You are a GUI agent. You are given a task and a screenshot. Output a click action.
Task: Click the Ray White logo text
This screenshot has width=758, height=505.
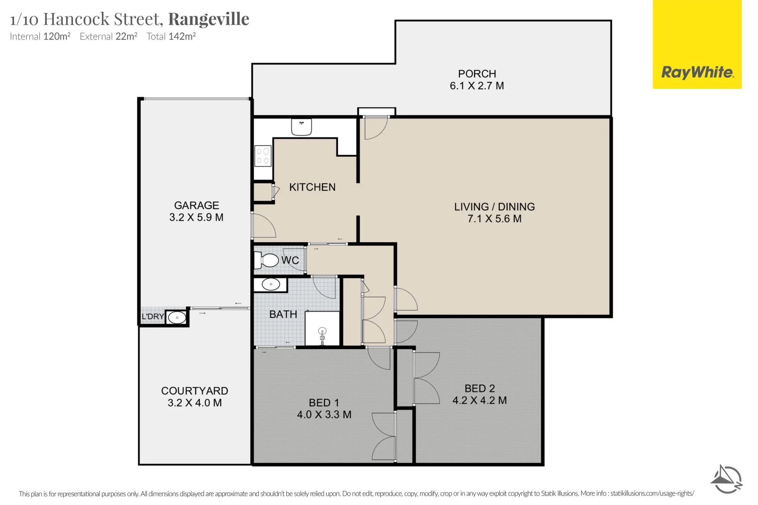(697, 72)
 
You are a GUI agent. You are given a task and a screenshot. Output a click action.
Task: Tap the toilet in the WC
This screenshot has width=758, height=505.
(267, 260)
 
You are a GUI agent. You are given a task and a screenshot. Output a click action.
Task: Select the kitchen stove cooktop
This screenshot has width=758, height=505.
(263, 156)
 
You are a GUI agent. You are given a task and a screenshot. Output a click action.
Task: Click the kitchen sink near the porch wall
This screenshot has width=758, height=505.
(301, 127)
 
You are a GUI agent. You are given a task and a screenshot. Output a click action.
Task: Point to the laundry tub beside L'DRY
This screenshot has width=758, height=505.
(177, 318)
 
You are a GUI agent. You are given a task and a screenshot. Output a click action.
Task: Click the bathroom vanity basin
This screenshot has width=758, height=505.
(270, 284)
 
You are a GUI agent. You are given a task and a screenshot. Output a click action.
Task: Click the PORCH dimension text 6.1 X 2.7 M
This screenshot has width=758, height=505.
(476, 86)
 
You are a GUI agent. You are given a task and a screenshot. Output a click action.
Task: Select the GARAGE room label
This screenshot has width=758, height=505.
(197, 205)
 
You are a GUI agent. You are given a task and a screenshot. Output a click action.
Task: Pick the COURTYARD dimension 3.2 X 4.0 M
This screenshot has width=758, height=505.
(195, 403)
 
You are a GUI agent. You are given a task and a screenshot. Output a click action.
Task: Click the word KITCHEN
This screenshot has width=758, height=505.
(312, 187)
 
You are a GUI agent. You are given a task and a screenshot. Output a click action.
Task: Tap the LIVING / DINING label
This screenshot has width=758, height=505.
(494, 207)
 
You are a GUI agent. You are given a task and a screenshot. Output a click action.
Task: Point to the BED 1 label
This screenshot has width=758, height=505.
(324, 403)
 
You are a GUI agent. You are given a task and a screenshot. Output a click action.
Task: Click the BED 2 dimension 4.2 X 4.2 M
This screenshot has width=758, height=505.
(479, 401)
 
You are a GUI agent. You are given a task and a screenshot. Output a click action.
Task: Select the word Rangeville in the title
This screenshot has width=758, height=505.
(209, 19)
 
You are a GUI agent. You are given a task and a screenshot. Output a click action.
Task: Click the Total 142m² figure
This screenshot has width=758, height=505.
(171, 36)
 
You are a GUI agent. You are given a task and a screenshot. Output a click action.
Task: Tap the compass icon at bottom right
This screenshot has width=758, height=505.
(726, 479)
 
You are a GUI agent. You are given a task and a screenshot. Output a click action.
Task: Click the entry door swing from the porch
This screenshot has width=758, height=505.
(375, 128)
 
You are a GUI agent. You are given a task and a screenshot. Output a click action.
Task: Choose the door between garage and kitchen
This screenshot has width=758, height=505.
(263, 226)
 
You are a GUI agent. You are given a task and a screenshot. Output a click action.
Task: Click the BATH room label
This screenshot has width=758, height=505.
(283, 315)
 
